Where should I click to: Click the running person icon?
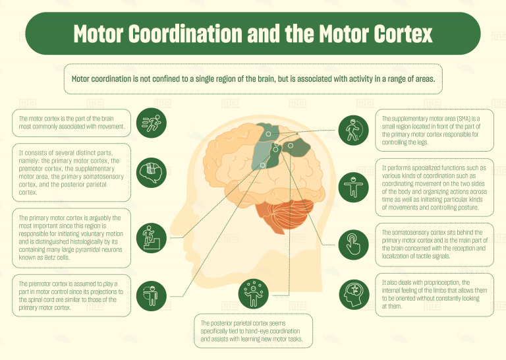151,123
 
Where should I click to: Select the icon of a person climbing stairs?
151,237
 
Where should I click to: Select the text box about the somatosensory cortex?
435,245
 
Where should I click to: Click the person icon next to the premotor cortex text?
151,293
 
